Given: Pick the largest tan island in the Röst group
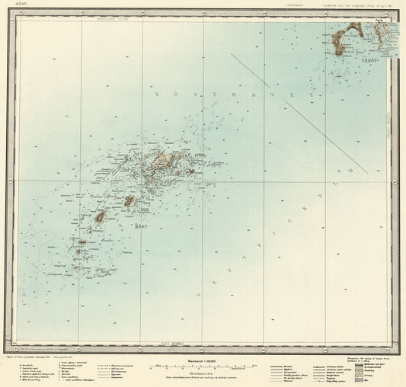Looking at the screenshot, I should pos(162,159).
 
